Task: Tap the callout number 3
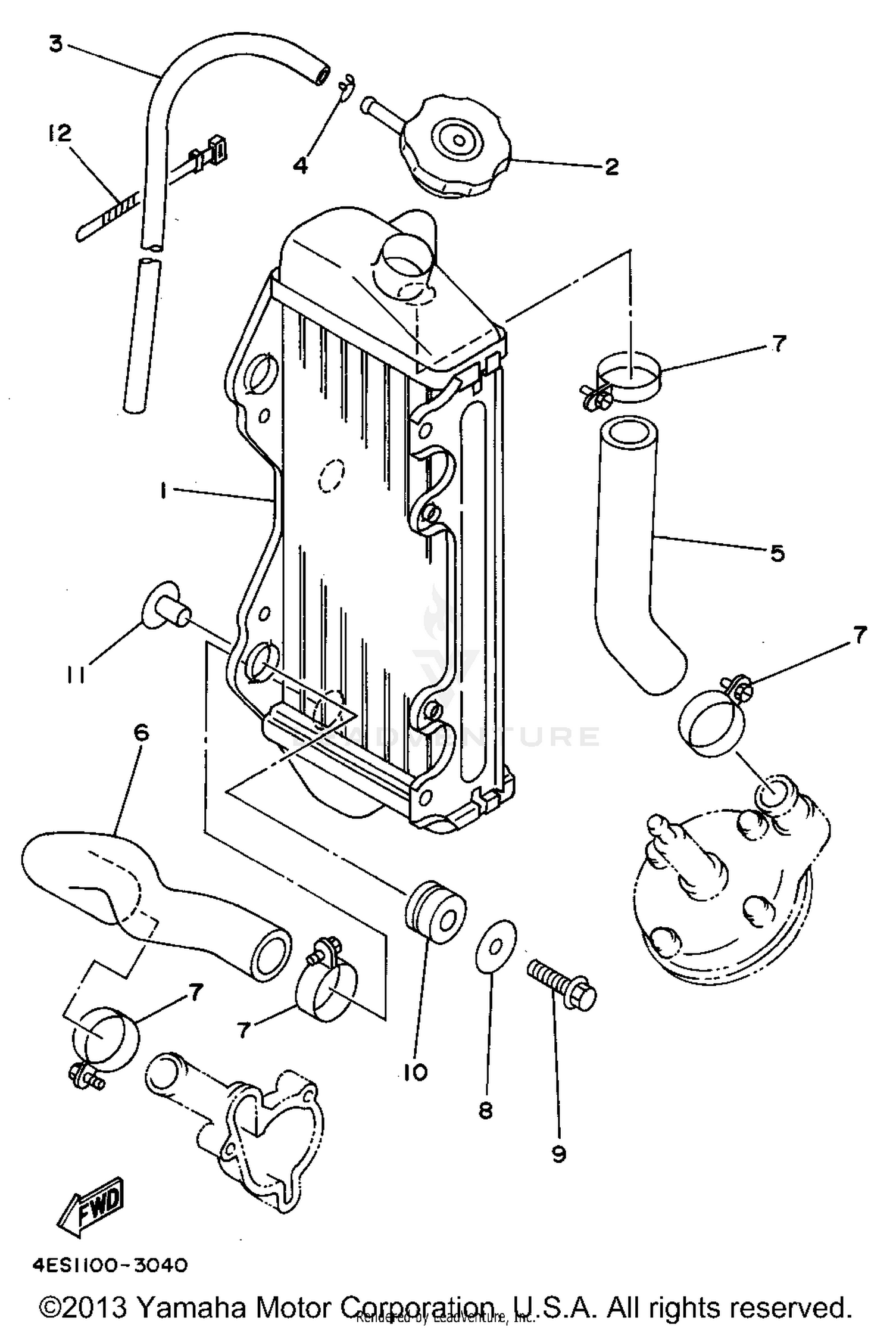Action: pos(55,43)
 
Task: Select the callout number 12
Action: pos(60,133)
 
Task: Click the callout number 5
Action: pos(777,553)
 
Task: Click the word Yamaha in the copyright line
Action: pos(190,1307)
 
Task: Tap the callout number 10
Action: pos(416,1072)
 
